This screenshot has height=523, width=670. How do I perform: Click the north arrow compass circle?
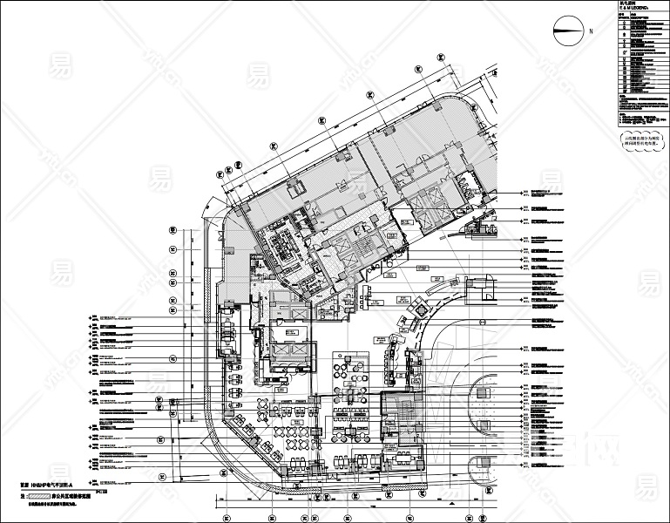[x=567, y=31]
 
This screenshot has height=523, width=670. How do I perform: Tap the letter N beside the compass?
[x=591, y=31]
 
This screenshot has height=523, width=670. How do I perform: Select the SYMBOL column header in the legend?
[x=624, y=17]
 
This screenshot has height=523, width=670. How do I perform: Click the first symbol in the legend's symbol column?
[x=624, y=23]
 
